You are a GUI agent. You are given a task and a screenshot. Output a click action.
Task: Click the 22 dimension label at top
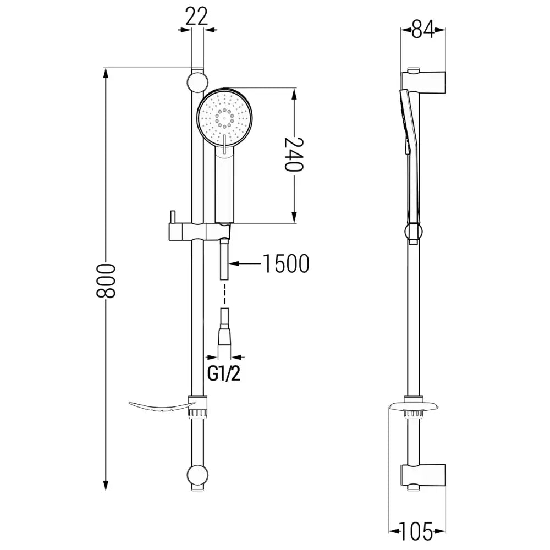196,17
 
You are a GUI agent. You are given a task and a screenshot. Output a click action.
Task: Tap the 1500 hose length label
285,264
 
